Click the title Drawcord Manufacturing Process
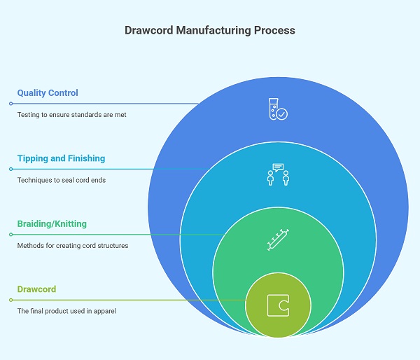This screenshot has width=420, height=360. [210, 31]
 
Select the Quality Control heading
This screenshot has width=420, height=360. [48, 92]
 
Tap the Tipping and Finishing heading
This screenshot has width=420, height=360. [61, 158]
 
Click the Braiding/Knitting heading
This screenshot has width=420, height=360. [52, 224]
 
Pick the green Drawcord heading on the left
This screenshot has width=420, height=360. [36, 289]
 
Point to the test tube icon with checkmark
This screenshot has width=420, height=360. [276, 109]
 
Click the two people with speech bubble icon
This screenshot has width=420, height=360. [278, 174]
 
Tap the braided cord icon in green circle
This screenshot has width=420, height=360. [278, 240]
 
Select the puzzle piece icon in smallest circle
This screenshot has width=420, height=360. [278, 305]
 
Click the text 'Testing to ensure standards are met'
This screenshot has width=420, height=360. [71, 114]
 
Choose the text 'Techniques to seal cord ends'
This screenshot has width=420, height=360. [61, 180]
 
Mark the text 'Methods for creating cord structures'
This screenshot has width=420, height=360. [73, 246]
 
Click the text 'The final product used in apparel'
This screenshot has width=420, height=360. [66, 311]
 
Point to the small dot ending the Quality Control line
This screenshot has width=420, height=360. [10, 104]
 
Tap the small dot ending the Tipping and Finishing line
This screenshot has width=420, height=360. [10, 169]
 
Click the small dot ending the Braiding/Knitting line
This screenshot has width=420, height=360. [10, 235]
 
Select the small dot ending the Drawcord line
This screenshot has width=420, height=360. [10, 300]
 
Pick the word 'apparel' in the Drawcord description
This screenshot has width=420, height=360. [105, 311]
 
